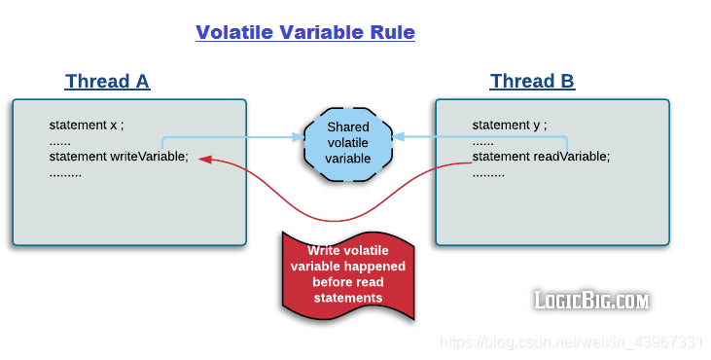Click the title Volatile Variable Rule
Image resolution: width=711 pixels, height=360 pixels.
point(305,32)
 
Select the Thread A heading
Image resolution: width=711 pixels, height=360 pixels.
point(107,81)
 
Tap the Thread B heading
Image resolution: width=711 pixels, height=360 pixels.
point(532,81)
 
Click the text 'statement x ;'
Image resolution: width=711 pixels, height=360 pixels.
point(88,126)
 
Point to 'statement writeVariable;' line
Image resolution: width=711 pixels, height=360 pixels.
point(119,157)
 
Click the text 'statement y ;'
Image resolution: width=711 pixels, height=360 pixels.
point(510,126)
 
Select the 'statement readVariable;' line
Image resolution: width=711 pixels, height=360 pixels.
point(541,157)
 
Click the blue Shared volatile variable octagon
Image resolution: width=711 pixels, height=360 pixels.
point(348,143)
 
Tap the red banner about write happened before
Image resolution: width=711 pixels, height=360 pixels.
point(348,274)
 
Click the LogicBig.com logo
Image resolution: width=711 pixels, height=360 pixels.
point(590,300)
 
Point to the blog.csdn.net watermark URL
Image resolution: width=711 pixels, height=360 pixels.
point(571,342)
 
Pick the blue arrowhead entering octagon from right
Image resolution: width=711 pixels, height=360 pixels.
point(399,138)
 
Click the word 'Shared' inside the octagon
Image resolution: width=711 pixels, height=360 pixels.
point(348,127)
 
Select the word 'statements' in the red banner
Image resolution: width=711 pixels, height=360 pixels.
point(348,298)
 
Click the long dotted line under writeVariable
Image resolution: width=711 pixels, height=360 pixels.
point(65,173)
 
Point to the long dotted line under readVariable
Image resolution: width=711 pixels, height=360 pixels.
point(488,173)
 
